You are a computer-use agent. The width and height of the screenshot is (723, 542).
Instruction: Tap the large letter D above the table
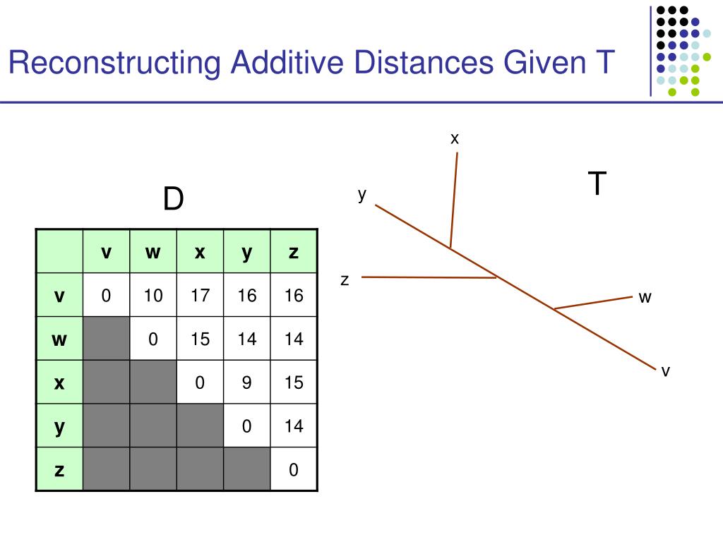coord(173,200)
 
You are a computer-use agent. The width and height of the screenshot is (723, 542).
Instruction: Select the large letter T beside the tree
coord(597,184)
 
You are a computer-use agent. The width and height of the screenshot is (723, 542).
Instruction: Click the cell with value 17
coord(200,295)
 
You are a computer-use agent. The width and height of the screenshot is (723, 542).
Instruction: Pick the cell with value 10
coord(153,295)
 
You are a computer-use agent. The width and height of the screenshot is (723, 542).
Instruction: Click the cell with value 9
coord(247,383)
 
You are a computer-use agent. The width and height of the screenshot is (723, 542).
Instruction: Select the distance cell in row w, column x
coord(200,339)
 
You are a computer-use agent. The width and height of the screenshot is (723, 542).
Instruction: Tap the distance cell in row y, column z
coord(294,426)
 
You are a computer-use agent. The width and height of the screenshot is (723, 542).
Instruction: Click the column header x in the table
coord(200,252)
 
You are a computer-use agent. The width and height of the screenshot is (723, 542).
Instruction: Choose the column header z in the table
coord(294,252)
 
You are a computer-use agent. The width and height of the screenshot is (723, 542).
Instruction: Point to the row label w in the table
coord(59,339)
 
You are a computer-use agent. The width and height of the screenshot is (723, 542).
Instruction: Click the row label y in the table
coord(59,426)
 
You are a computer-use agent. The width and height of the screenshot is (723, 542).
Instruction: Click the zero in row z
coord(294,469)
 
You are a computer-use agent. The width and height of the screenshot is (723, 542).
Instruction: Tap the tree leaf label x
coord(455,139)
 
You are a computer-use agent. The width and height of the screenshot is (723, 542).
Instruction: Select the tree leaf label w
coord(645,298)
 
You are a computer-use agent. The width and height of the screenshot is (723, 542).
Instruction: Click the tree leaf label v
coord(665,371)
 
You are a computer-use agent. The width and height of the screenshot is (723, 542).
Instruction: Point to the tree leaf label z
coord(345,280)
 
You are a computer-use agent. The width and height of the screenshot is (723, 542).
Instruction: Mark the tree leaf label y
coord(362,194)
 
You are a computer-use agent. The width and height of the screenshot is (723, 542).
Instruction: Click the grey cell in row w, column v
coord(106,339)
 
